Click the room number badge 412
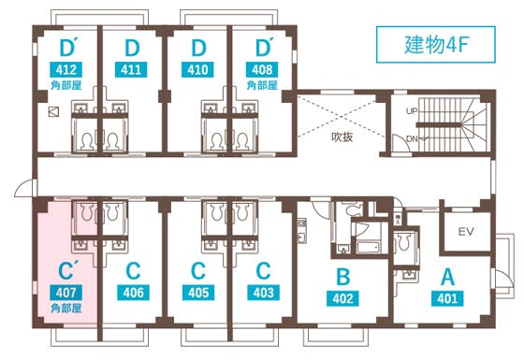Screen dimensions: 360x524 pos(66,70)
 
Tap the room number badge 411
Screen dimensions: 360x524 pos(132,70)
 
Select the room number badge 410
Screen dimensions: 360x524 pos(197,70)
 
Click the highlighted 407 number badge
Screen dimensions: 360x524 pos(65,293)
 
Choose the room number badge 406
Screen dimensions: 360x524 pos(132,293)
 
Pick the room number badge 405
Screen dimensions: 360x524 pos(197,293)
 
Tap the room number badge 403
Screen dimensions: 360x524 pos(263,293)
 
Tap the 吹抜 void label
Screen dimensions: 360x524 pos(341,137)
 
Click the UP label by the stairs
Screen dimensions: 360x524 pos(412,110)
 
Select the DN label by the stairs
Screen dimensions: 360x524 pos(412,139)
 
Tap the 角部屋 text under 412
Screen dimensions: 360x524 pos(66,84)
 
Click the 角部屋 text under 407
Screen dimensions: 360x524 pos(65,308)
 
